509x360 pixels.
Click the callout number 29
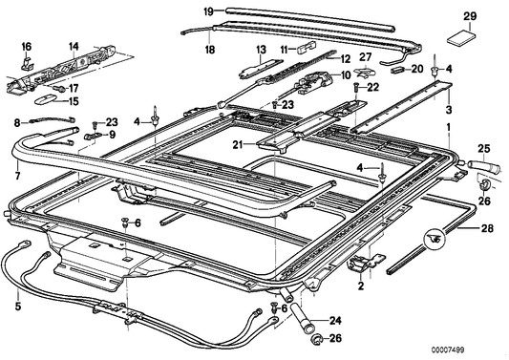pos(469,17)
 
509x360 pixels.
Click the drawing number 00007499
pos(481,349)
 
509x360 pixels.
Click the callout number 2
pos(361,286)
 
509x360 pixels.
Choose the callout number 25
pos(484,147)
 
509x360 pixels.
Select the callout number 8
pos(16,122)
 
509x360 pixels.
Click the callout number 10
pos(346,74)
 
